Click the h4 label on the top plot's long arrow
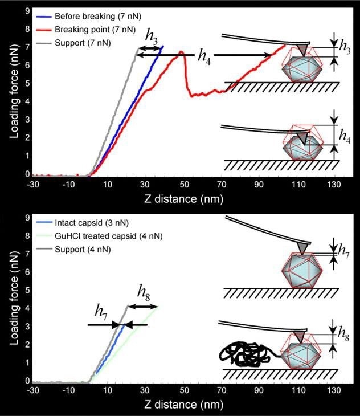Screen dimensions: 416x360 click(203, 56)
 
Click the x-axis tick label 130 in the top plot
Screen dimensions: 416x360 click(335, 185)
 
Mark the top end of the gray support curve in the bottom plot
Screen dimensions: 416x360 click(127, 308)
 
